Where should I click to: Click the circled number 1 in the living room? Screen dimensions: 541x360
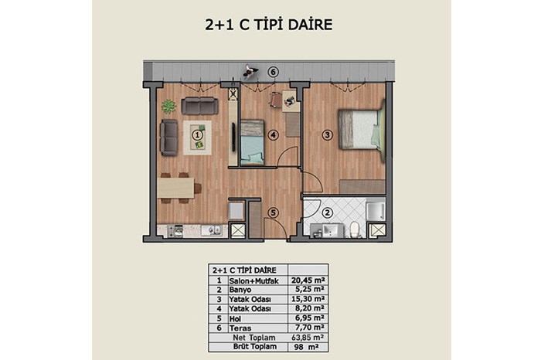[x=197, y=135]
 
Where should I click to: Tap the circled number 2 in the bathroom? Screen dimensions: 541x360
[x=327, y=212]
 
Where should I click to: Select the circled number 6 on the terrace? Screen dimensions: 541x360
[x=273, y=72]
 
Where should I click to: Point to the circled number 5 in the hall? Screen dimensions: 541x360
[x=273, y=212]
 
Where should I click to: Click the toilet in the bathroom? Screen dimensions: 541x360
[x=354, y=229]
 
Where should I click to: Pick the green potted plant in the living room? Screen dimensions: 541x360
[x=168, y=106]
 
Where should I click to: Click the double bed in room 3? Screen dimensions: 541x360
[x=361, y=130]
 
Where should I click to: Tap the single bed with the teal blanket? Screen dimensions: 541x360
[x=252, y=142]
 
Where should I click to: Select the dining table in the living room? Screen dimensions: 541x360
[x=175, y=188]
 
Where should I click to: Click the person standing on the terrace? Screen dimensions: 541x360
[x=250, y=72]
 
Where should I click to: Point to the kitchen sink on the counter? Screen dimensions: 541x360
[x=212, y=230]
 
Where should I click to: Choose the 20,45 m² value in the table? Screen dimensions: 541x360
[x=308, y=280]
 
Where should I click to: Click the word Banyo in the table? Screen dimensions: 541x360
[x=240, y=290]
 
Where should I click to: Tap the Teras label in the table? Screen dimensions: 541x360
[x=240, y=328]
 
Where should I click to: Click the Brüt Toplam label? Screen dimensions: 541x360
[x=255, y=347]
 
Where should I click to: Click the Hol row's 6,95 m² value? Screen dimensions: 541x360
[x=308, y=318]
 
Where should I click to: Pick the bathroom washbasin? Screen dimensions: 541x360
[x=331, y=229]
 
